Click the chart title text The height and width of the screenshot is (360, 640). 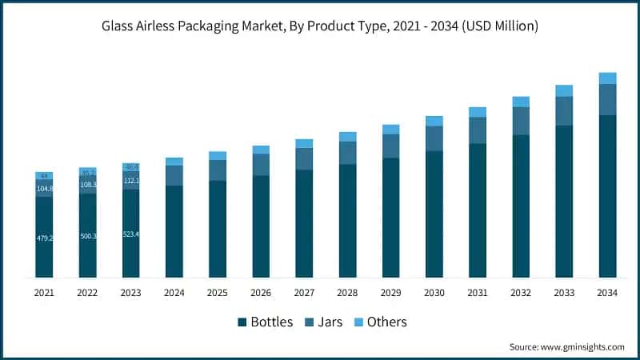tap(320, 26)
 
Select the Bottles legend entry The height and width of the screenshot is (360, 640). tap(267, 322)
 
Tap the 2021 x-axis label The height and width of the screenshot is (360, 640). tap(44, 294)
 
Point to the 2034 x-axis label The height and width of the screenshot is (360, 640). tap(608, 294)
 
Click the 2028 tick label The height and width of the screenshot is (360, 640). tap(347, 294)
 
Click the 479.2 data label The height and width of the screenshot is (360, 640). tap(44, 238)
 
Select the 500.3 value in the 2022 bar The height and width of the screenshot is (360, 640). tap(88, 236)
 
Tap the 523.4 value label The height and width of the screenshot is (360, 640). tap(131, 234)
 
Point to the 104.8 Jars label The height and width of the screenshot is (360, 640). tap(44, 189)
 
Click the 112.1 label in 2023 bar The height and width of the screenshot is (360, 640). tap(131, 181)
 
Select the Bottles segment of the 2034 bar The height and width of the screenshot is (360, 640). tap(608, 196)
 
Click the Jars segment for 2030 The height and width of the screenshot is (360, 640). tap(434, 138)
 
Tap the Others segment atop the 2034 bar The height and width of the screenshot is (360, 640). tap(608, 78)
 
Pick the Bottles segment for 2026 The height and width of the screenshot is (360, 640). tap(261, 226)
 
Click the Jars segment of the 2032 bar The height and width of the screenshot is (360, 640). tap(521, 121)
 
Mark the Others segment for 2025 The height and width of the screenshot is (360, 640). tap(218, 156)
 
